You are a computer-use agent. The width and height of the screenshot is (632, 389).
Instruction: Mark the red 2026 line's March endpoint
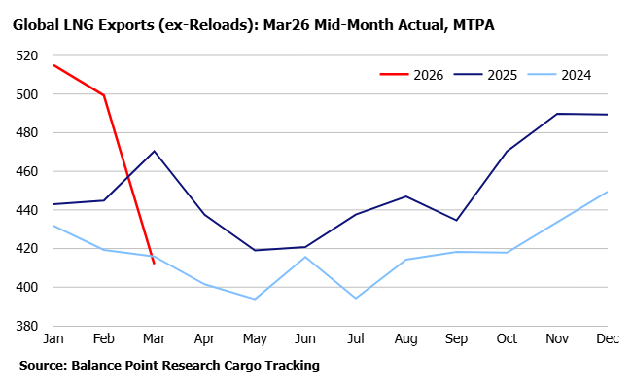coord(154,264)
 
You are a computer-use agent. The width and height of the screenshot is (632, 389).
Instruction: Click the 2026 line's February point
coord(103,95)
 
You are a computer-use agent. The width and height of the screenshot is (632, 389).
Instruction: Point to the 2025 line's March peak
coord(154,151)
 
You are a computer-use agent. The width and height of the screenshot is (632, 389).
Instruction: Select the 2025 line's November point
coord(557,114)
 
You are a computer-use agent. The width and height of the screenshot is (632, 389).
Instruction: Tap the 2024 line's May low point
coord(255,299)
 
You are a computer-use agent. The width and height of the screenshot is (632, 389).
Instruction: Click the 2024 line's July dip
coord(356,298)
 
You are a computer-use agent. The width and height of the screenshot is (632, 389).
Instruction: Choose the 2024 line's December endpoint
coord(608,192)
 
